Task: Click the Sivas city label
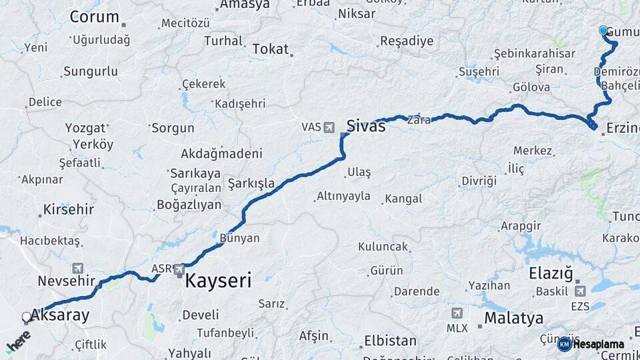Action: [366, 125]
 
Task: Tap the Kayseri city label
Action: [218, 281]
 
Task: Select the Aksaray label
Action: [61, 315]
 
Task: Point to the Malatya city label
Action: [513, 318]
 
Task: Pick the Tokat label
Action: [271, 49]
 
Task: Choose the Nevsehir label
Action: [67, 281]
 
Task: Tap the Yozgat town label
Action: [85, 127]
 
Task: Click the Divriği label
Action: [479, 181]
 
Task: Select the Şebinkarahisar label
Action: [535, 53]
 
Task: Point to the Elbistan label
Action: [390, 341]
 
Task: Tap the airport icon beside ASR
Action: [179, 269]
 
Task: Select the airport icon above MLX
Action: [457, 313]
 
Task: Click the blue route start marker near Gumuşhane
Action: [603, 31]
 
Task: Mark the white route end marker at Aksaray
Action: [27, 317]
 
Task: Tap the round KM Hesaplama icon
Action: [564, 344]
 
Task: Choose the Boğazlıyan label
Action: [189, 205]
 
